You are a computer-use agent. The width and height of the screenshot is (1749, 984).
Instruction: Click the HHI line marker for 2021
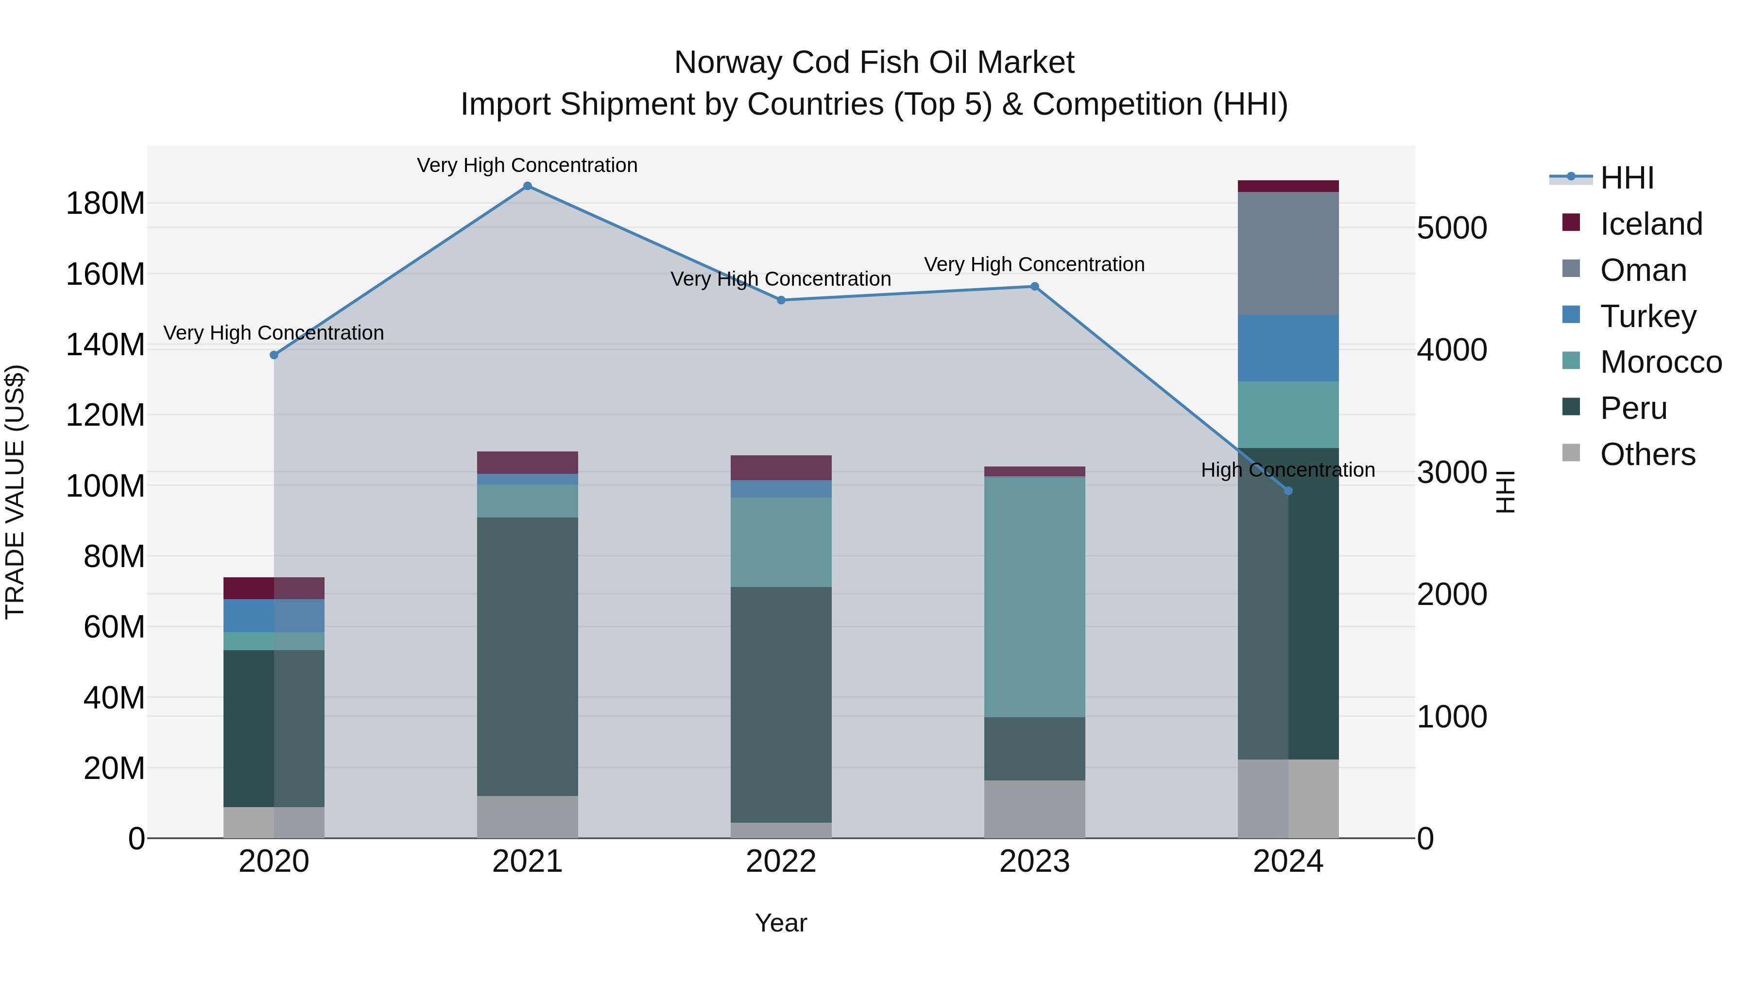pyautogui.click(x=528, y=186)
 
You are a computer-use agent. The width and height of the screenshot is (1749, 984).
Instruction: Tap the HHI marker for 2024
pyautogui.click(x=1288, y=491)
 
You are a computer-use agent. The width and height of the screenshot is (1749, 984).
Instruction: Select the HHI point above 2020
pyautogui.click(x=274, y=355)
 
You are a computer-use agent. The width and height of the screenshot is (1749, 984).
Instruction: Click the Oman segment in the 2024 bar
pyautogui.click(x=1288, y=253)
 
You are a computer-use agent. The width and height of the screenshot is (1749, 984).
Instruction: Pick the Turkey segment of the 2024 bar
pyautogui.click(x=1288, y=348)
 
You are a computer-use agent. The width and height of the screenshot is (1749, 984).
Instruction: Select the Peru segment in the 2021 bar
pyautogui.click(x=528, y=656)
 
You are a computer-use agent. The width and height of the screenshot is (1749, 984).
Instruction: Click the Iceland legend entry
pyautogui.click(x=1650, y=224)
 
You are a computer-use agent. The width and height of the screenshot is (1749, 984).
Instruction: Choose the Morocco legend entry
pyautogui.click(x=1660, y=362)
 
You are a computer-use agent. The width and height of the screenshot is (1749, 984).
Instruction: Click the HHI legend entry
pyautogui.click(x=1626, y=178)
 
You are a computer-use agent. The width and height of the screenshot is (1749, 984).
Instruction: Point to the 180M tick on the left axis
pyautogui.click(x=105, y=203)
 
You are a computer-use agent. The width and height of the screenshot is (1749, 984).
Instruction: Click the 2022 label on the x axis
pyautogui.click(x=781, y=862)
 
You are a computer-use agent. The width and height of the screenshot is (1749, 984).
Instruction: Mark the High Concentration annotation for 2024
pyautogui.click(x=1287, y=470)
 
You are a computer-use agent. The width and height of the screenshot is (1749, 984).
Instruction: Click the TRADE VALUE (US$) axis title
pyautogui.click(x=15, y=492)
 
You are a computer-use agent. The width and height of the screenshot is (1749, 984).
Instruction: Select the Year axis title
pyautogui.click(x=781, y=923)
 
